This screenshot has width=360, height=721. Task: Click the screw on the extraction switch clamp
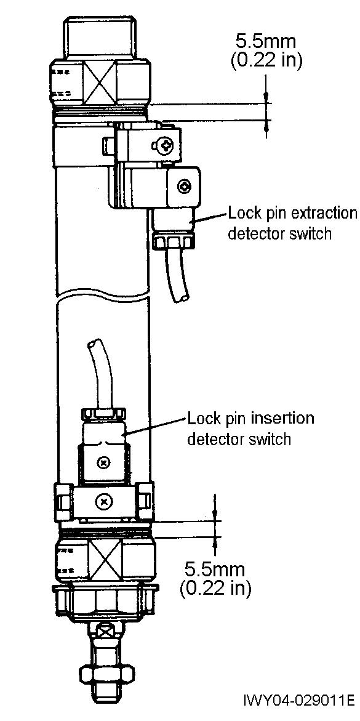[x=167, y=146]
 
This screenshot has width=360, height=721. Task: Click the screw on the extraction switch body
[x=185, y=186]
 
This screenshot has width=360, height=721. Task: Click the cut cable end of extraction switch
[x=183, y=299]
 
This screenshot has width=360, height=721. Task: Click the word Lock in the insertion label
[x=202, y=419]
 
